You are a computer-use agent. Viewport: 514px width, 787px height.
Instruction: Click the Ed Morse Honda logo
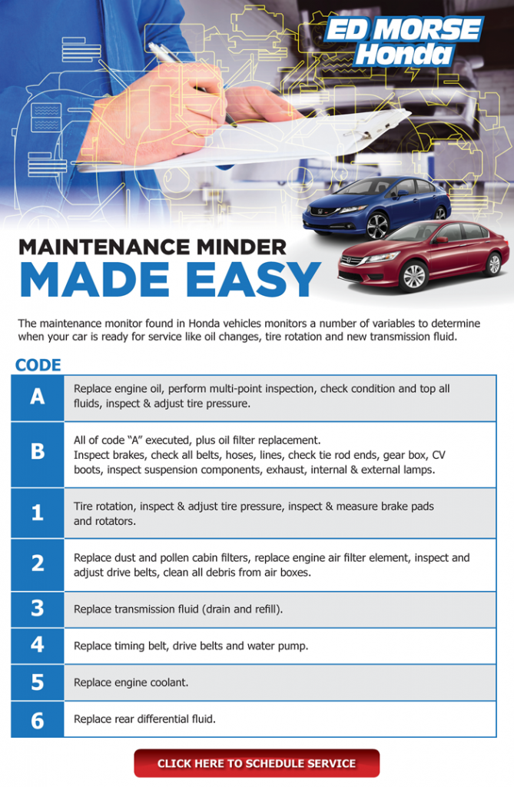(x=403, y=42)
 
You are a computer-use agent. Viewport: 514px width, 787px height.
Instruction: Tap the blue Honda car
(x=376, y=206)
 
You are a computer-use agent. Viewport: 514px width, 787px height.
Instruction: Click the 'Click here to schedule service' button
(x=257, y=763)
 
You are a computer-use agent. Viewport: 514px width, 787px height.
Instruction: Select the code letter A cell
(x=38, y=397)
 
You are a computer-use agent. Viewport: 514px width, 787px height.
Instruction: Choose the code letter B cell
(x=38, y=455)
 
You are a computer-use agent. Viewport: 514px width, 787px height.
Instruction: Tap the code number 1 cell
(x=38, y=513)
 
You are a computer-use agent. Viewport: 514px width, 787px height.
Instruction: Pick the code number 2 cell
(x=38, y=565)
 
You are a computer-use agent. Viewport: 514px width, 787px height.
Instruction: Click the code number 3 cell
(x=38, y=609)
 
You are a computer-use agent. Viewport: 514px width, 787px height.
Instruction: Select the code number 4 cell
(x=38, y=646)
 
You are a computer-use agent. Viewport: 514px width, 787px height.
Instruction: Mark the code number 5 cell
(x=38, y=682)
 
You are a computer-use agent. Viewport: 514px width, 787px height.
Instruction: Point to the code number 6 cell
(x=38, y=719)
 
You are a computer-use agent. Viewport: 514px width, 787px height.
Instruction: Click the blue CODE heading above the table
(x=38, y=365)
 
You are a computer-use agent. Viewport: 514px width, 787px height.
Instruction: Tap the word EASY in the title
(x=254, y=280)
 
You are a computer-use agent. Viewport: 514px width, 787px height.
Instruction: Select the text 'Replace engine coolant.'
(x=131, y=682)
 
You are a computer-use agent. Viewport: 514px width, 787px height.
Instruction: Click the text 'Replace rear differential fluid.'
(x=144, y=719)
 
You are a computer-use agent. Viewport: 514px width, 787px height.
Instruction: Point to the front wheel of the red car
(x=414, y=276)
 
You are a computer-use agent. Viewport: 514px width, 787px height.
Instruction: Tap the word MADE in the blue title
(x=95, y=280)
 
